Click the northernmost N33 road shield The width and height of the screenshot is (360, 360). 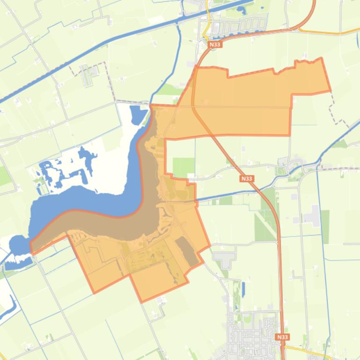214,44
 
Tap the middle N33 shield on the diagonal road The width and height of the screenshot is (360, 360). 247,179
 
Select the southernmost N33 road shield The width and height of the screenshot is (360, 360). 282,337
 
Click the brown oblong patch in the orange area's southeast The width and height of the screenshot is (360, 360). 186,251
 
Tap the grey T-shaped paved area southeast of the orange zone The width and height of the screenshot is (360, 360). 225,256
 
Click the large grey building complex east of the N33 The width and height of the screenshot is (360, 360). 312,216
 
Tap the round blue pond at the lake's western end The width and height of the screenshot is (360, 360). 17,245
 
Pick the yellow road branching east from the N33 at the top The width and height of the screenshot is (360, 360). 328,33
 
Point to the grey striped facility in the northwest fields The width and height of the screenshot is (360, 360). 87,75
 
